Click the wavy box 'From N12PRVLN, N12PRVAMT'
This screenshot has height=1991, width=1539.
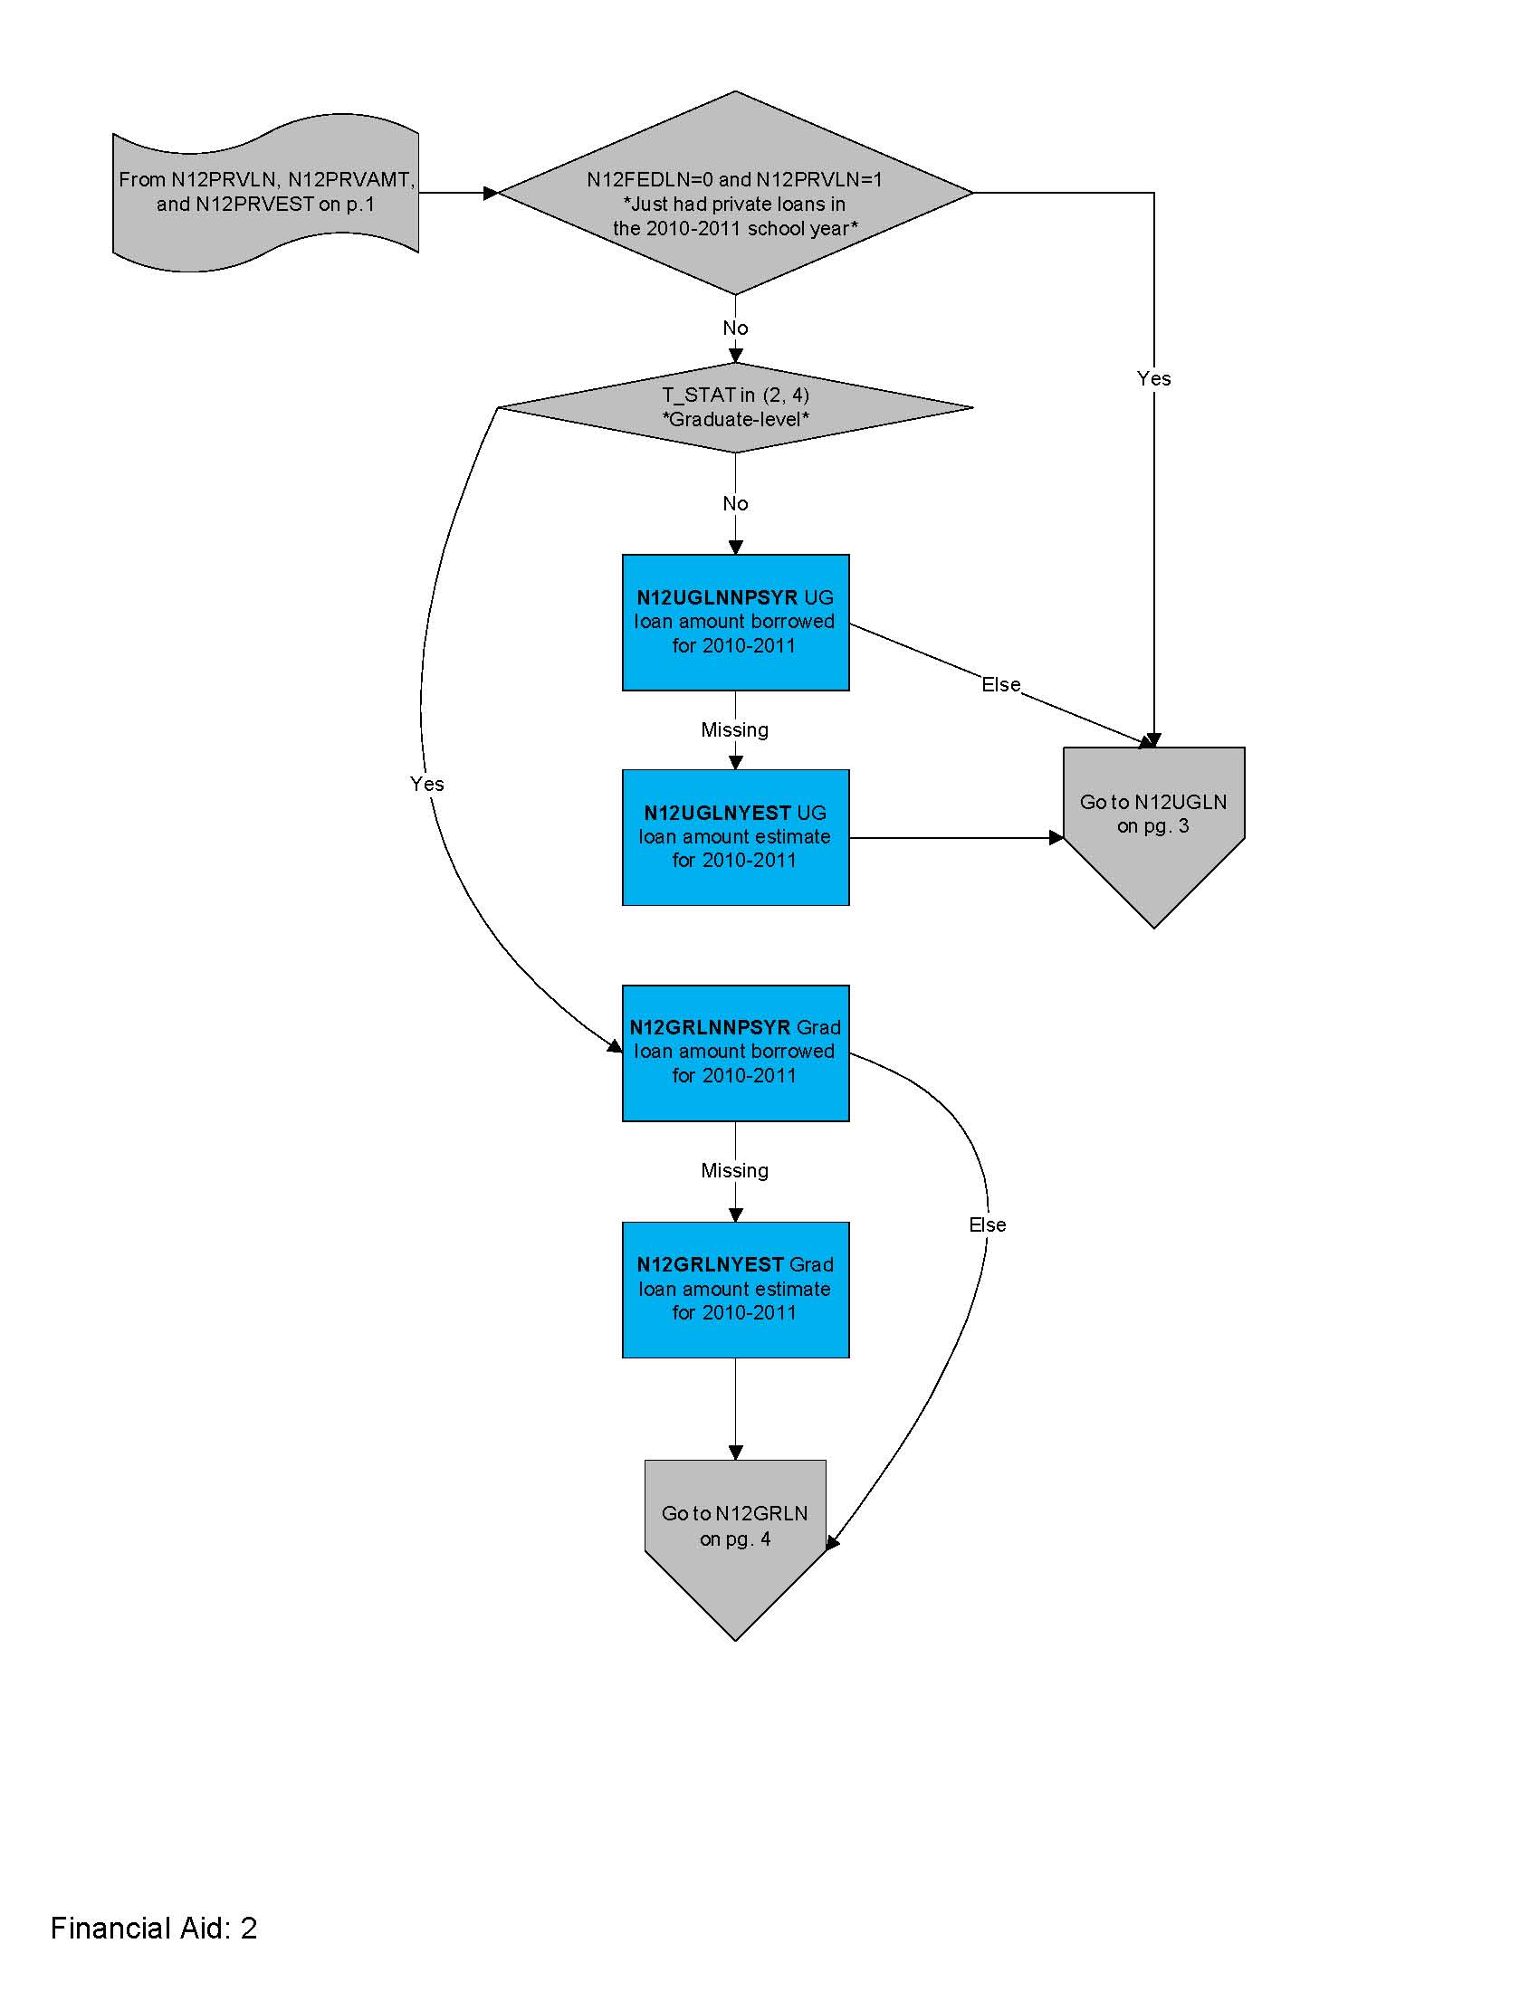264,193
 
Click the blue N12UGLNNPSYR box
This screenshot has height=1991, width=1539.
735,622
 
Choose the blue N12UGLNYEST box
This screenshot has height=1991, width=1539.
735,837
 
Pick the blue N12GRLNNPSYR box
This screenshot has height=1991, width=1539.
735,1052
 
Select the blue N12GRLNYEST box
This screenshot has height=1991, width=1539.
735,1289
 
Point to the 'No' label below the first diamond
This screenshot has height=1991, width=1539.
735,329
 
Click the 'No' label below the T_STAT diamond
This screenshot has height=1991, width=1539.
735,503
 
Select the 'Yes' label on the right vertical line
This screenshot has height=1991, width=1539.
1153,378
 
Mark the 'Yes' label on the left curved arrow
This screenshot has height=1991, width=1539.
426,784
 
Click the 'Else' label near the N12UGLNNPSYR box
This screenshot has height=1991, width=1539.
1000,685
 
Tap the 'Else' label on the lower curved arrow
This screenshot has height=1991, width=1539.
987,1225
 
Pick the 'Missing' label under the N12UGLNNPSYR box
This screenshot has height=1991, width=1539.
734,730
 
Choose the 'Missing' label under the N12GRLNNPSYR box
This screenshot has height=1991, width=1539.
734,1170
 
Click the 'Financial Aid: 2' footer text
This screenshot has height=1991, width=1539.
153,1928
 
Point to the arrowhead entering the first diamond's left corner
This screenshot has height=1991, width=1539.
492,194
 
